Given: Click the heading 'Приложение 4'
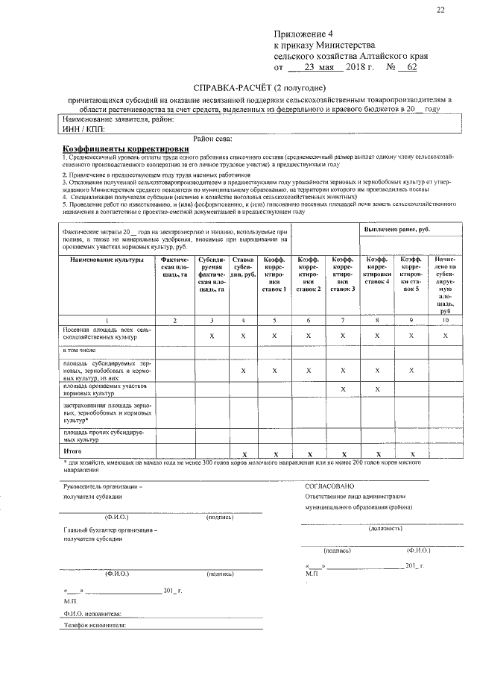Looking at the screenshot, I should [x=306, y=35].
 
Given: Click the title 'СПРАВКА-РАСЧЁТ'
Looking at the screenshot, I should [x=231, y=87].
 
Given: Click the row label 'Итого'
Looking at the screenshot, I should [x=73, y=451].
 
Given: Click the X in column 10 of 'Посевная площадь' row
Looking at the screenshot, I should [x=445, y=336].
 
